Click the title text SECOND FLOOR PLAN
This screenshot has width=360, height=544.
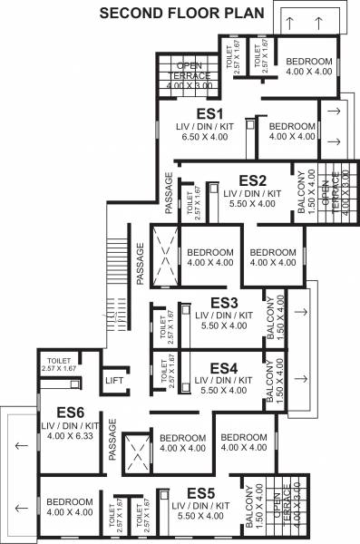[181, 13]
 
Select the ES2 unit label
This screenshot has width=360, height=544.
[252, 180]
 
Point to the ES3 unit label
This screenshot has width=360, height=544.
[224, 302]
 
